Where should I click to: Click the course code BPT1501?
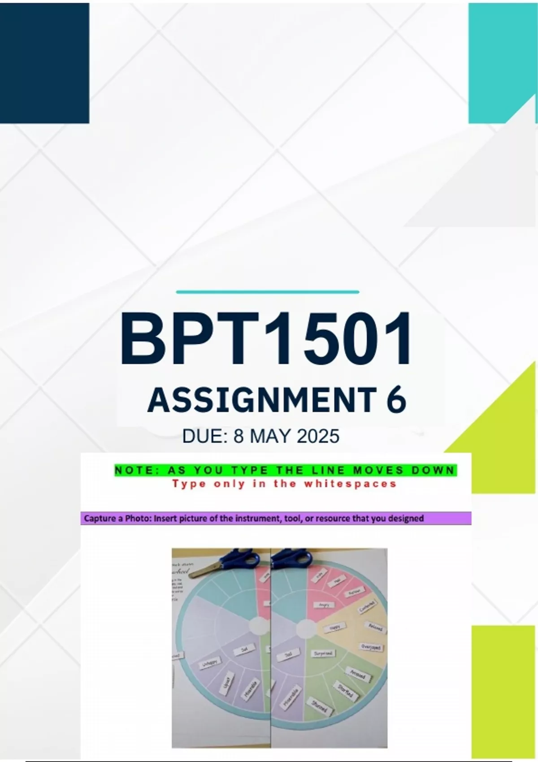(265, 339)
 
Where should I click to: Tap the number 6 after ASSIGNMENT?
(396, 400)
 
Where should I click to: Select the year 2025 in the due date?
(318, 436)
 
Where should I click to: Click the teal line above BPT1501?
(268, 292)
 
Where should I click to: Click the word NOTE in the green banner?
(133, 470)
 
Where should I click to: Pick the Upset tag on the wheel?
(227, 684)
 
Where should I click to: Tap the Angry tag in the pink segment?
(324, 605)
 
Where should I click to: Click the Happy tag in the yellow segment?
(335, 628)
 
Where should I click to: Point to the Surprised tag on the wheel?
(323, 654)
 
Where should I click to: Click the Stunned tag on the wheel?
(320, 707)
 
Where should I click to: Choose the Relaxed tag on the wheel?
(375, 627)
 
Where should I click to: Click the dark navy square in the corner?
(44, 63)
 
